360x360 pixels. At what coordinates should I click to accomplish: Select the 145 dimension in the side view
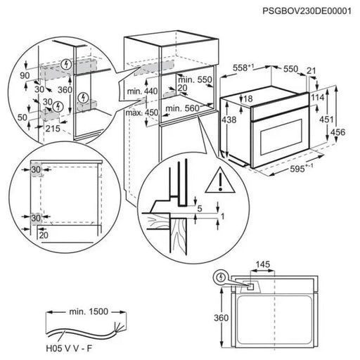(x=264, y=264)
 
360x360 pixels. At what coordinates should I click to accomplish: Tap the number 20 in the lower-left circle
(x=43, y=235)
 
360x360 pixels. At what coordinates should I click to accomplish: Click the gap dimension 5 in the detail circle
(x=200, y=208)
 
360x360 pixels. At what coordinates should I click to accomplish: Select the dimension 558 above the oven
(x=241, y=68)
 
